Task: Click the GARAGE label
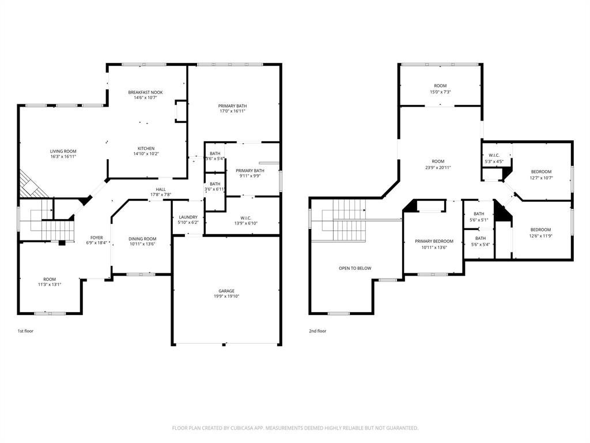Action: [x=226, y=291]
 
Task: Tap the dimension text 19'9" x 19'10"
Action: [x=226, y=296]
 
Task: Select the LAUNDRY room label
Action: [x=188, y=217]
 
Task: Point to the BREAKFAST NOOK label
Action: [x=145, y=92]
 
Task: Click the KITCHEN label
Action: [x=146, y=148]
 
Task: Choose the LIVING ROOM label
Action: [x=63, y=152]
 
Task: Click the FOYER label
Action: [x=97, y=238]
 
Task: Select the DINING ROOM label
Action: [x=142, y=239]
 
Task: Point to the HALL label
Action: [x=161, y=189]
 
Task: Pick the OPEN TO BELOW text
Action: [x=355, y=269]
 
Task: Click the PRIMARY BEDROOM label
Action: [x=434, y=242]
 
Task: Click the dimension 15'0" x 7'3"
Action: [x=441, y=92]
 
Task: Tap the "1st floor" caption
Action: [x=25, y=331]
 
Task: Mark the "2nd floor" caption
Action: [x=317, y=331]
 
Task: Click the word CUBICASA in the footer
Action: [x=242, y=429]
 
